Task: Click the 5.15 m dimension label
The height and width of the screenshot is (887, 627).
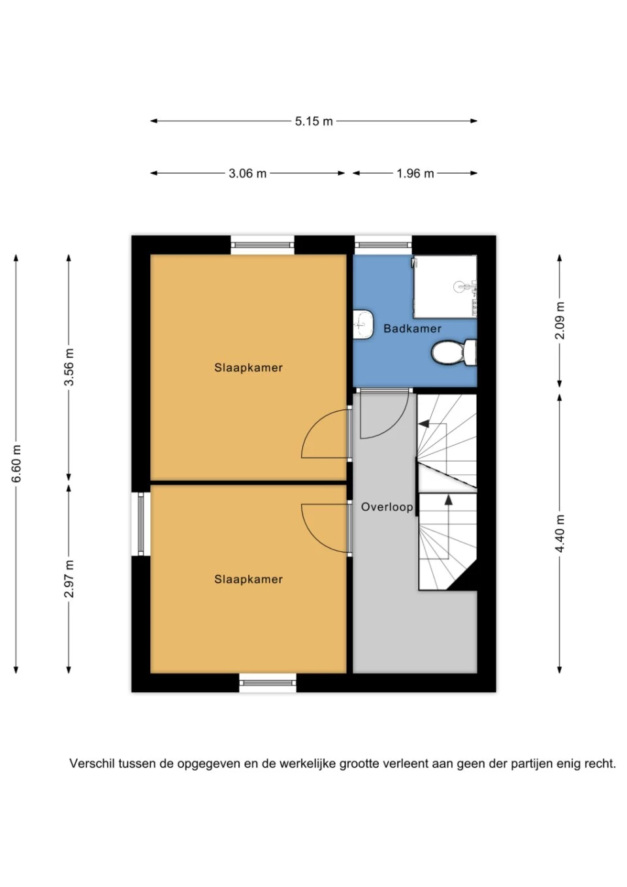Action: [313, 121]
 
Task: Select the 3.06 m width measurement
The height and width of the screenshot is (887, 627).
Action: [248, 174]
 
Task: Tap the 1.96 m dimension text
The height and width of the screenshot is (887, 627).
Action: [415, 174]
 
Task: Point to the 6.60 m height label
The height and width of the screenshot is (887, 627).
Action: [16, 463]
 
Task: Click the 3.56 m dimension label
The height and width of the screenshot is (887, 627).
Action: [69, 367]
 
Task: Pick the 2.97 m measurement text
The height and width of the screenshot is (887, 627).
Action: [69, 579]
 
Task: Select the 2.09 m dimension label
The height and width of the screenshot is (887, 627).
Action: [560, 320]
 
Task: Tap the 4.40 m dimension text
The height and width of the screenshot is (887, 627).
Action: [560, 534]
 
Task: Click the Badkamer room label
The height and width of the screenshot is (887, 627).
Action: [413, 329]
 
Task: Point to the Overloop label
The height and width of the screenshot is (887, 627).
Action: [387, 507]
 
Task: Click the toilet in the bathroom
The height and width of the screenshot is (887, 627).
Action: [454, 352]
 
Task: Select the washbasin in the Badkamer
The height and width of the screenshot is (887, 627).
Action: [364, 325]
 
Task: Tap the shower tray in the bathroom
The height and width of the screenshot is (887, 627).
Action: [445, 286]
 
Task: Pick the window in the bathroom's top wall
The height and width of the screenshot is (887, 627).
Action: [383, 245]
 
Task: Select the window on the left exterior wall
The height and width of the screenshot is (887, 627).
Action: [141, 523]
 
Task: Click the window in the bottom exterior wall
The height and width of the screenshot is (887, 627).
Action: [268, 683]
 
